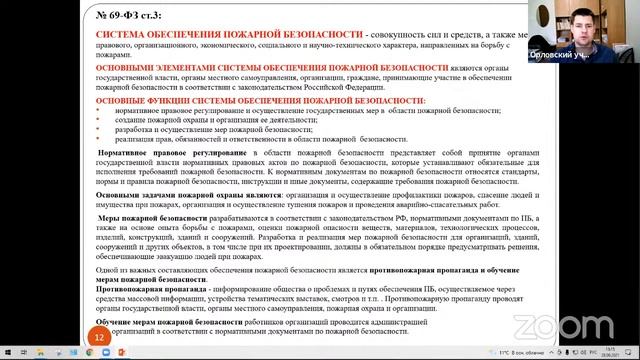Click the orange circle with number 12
99,338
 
